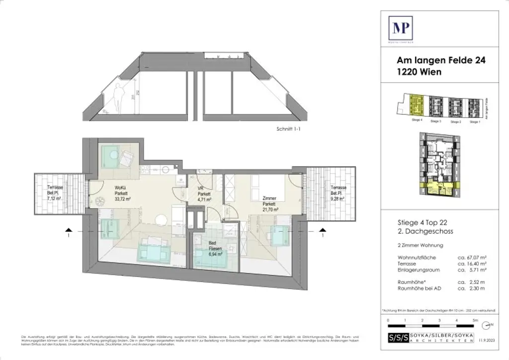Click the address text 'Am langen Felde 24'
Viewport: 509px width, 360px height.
coord(440,61)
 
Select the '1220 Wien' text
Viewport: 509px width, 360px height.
coord(419,72)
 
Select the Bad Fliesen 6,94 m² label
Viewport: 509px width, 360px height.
coord(215,254)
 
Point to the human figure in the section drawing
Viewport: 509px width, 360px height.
coord(118,97)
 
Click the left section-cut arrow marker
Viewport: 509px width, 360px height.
coord(69,230)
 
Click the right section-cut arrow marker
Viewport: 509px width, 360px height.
coord(323,230)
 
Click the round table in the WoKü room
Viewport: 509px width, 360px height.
coord(161,219)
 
